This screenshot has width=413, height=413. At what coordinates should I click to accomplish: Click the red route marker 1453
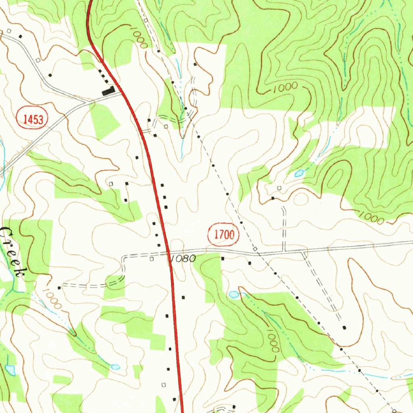(32, 119)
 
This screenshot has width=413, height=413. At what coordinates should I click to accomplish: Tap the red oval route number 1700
(223, 235)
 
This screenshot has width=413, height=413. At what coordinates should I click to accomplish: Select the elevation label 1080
(183, 259)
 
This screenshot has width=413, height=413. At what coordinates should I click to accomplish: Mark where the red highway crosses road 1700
(169, 254)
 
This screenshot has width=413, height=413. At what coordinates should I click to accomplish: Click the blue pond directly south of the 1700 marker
(234, 294)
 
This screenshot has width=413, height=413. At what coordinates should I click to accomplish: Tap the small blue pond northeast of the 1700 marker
(299, 173)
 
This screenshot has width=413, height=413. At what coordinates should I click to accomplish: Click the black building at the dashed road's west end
(59, 288)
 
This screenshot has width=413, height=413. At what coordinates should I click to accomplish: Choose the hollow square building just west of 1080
(152, 259)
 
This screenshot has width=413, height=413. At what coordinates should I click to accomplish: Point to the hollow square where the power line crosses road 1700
(255, 249)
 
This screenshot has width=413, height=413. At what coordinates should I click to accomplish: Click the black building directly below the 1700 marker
(222, 258)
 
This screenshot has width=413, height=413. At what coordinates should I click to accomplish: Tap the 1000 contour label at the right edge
(371, 218)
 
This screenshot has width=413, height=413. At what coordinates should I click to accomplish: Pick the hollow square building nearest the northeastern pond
(280, 188)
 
